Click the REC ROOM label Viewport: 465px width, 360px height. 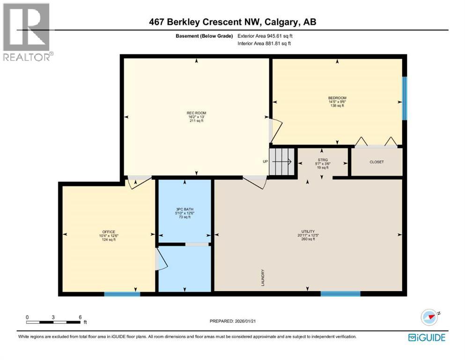pos(196,113)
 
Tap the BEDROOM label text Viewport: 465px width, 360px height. pos(337,98)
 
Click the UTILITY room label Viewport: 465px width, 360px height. pos(308,232)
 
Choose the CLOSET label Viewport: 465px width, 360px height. pos(376,162)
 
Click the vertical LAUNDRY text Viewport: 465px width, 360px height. pos(264,277)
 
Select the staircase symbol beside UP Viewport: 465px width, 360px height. pos(283,162)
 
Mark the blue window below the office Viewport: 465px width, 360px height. pos(122,294)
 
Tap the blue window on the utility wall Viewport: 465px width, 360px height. pos(340,294)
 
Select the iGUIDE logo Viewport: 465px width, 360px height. pos(427,337)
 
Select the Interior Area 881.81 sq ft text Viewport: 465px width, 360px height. pos(265,44)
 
